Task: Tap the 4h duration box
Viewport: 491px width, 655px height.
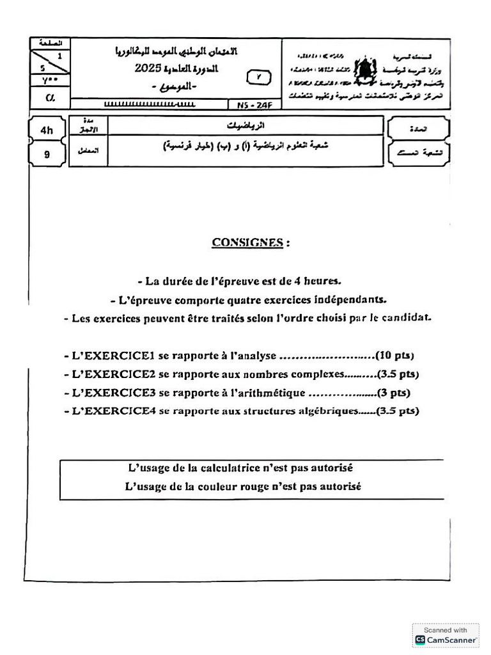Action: [47, 130]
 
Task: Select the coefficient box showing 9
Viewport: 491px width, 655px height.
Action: [47, 154]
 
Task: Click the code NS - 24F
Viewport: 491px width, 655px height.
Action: [253, 104]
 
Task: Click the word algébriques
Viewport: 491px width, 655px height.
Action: [326, 411]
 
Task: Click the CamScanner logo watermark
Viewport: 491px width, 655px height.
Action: [446, 635]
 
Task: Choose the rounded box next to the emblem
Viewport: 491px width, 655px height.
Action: [258, 77]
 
